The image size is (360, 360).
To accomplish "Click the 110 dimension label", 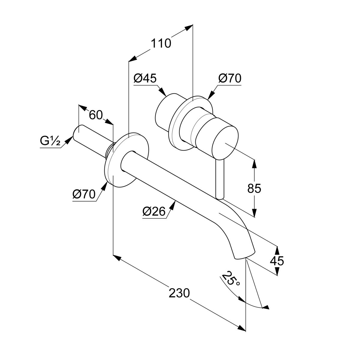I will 161,44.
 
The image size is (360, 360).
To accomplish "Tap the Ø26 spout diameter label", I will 154,212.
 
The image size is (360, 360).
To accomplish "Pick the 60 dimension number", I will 96,115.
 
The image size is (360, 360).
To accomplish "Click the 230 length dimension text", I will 179,293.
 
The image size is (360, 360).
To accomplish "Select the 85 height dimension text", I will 254,189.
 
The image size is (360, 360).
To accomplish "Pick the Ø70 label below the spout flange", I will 84,194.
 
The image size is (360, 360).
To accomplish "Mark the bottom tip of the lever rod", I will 220,197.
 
